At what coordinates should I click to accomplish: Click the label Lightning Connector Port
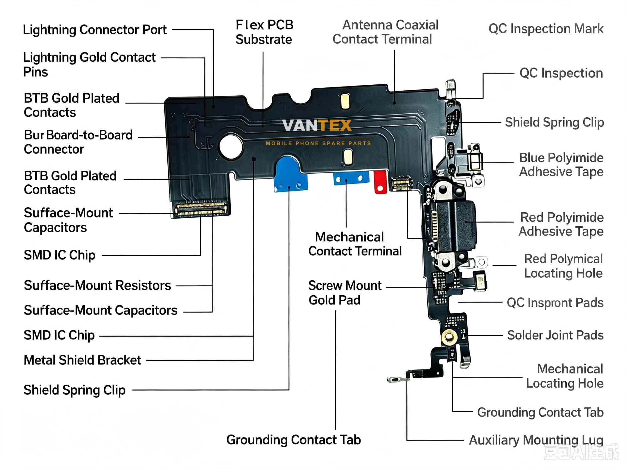(95, 30)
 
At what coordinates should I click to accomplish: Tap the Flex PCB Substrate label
(264, 32)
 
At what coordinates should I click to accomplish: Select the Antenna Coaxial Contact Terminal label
(386, 32)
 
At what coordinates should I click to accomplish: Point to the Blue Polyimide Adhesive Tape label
(561, 164)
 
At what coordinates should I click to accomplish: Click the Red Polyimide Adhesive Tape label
(561, 224)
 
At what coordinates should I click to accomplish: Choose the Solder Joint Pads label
(555, 335)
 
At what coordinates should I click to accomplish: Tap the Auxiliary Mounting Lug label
(536, 440)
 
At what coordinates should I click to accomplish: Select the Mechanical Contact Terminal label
(355, 244)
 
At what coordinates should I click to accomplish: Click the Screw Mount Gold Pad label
(345, 293)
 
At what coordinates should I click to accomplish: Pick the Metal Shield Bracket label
(82, 360)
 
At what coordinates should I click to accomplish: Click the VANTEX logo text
(317, 125)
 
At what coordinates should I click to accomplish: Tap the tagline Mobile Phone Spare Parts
(318, 143)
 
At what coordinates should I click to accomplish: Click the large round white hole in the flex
(231, 147)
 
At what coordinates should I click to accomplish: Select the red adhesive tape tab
(380, 182)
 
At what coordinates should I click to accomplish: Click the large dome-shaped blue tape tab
(290, 174)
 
